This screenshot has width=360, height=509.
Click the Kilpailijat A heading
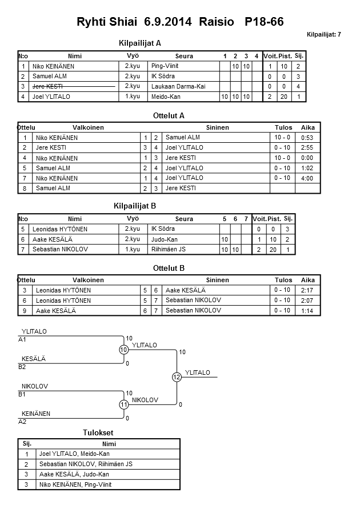click(140, 43)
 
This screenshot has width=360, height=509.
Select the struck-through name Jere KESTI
click(47, 86)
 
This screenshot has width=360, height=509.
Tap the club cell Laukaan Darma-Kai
click(178, 86)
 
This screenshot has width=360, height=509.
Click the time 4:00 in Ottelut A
click(307, 178)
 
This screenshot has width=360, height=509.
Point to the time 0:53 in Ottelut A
click(307, 138)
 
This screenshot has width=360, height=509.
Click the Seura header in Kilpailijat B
click(184, 219)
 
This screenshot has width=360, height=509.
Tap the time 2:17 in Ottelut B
click(307, 290)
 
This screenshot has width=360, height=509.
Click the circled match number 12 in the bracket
click(177, 377)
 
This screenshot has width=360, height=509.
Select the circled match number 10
click(123, 350)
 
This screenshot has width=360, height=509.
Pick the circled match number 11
click(123, 404)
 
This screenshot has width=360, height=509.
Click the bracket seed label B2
click(22, 367)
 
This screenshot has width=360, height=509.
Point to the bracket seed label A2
click(22, 422)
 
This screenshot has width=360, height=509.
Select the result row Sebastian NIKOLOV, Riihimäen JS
click(85, 464)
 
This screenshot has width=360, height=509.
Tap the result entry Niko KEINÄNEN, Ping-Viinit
click(77, 484)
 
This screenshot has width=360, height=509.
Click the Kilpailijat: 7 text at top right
click(323, 35)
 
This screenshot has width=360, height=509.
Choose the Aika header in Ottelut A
click(308, 127)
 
